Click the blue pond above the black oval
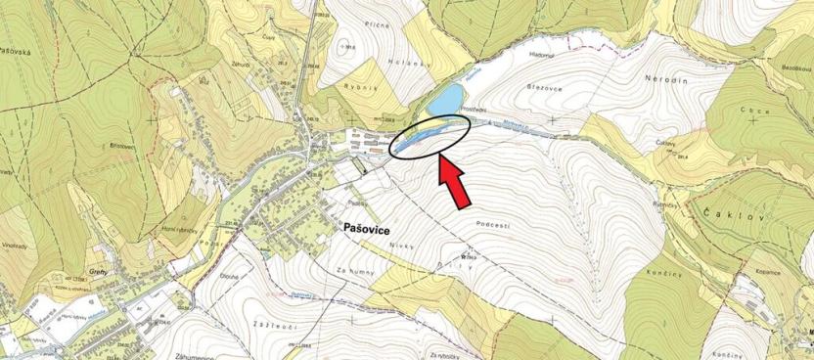pyautogui.click(x=445, y=99)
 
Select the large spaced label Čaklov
pyautogui.click(x=737, y=213)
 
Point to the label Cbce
pyautogui.click(x=750, y=110)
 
